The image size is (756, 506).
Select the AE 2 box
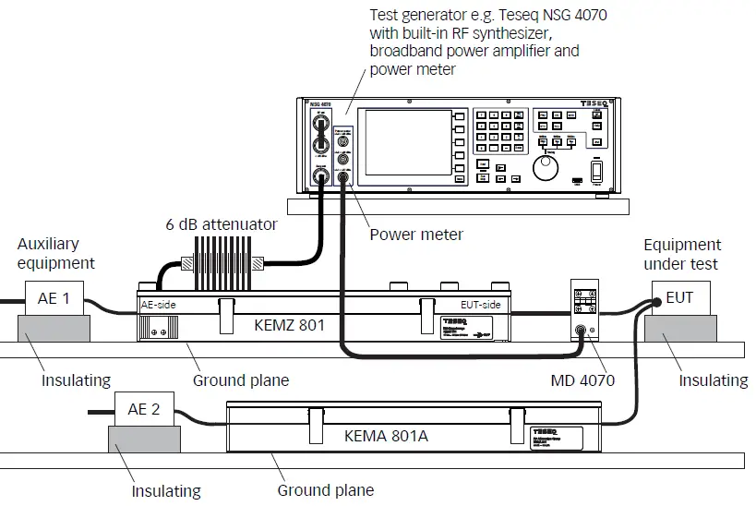click(142, 409)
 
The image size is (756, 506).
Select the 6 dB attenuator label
click(222, 224)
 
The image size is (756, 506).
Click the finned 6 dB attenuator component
click(225, 261)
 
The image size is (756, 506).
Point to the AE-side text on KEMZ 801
click(158, 303)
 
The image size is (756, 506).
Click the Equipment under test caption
click(682, 254)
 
